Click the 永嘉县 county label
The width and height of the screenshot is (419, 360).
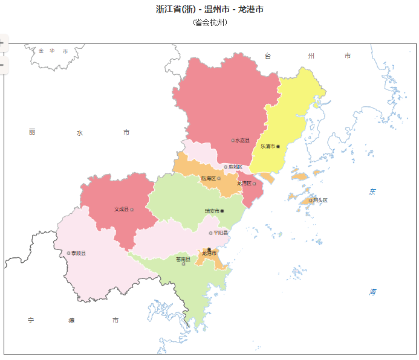coord(242,140)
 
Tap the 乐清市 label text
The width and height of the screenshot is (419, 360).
coord(268,146)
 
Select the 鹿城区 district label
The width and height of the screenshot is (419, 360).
coord(235,167)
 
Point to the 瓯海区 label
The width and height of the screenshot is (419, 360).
coord(209,178)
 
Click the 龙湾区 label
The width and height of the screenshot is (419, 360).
coord(244,183)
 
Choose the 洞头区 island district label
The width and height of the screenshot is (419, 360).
coord(320,200)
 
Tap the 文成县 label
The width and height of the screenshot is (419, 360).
coord(122,210)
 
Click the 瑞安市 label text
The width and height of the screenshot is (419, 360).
coord(212,211)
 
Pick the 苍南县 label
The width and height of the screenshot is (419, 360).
coord(183,259)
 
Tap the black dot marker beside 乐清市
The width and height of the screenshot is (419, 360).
coord(278,146)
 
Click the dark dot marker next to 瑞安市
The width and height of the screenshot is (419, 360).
coord(222,211)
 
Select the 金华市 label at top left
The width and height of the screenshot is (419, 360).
coord(53,51)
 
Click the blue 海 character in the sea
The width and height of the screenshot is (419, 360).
coord(373,292)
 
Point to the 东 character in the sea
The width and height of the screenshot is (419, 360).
coord(373,192)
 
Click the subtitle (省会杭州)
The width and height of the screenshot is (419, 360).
coord(210,22)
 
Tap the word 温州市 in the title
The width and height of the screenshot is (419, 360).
coord(216,9)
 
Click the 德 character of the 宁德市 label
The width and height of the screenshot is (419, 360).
coord(72,320)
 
